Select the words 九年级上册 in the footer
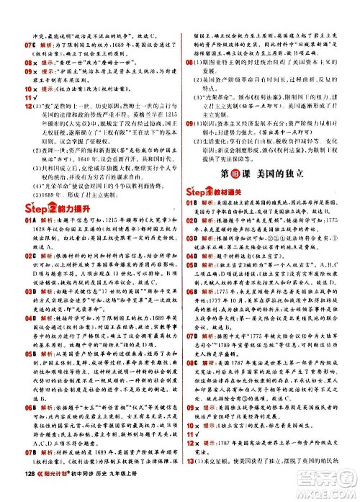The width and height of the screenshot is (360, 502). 134,491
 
